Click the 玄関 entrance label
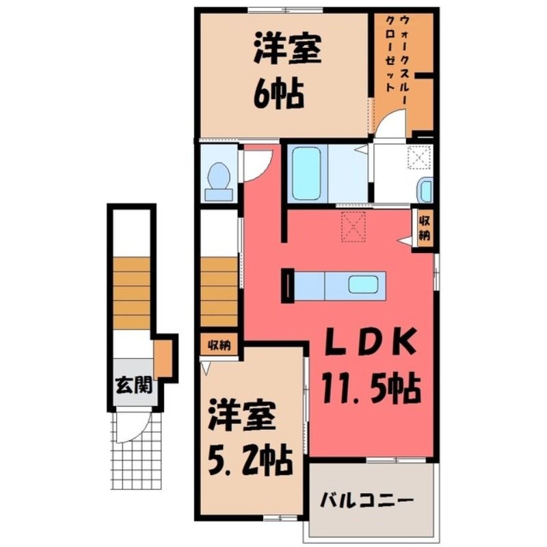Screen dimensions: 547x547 click(x=133, y=386)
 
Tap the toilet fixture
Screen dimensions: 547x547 click(x=218, y=182)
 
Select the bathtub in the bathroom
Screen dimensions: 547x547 click(x=306, y=174)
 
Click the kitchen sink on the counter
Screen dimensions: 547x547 click(x=363, y=285)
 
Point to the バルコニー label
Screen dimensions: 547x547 click(x=367, y=501)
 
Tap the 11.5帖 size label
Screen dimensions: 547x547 click(x=371, y=387)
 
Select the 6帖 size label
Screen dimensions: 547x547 click(x=278, y=94)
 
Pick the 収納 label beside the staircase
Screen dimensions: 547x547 click(x=219, y=345)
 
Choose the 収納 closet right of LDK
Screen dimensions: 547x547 click(x=424, y=228)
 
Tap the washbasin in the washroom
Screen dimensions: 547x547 click(x=426, y=189)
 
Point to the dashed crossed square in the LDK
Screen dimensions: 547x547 click(x=353, y=226)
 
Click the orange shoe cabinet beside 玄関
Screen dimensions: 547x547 click(x=163, y=358)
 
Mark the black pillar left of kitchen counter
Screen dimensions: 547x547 click(x=288, y=285)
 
